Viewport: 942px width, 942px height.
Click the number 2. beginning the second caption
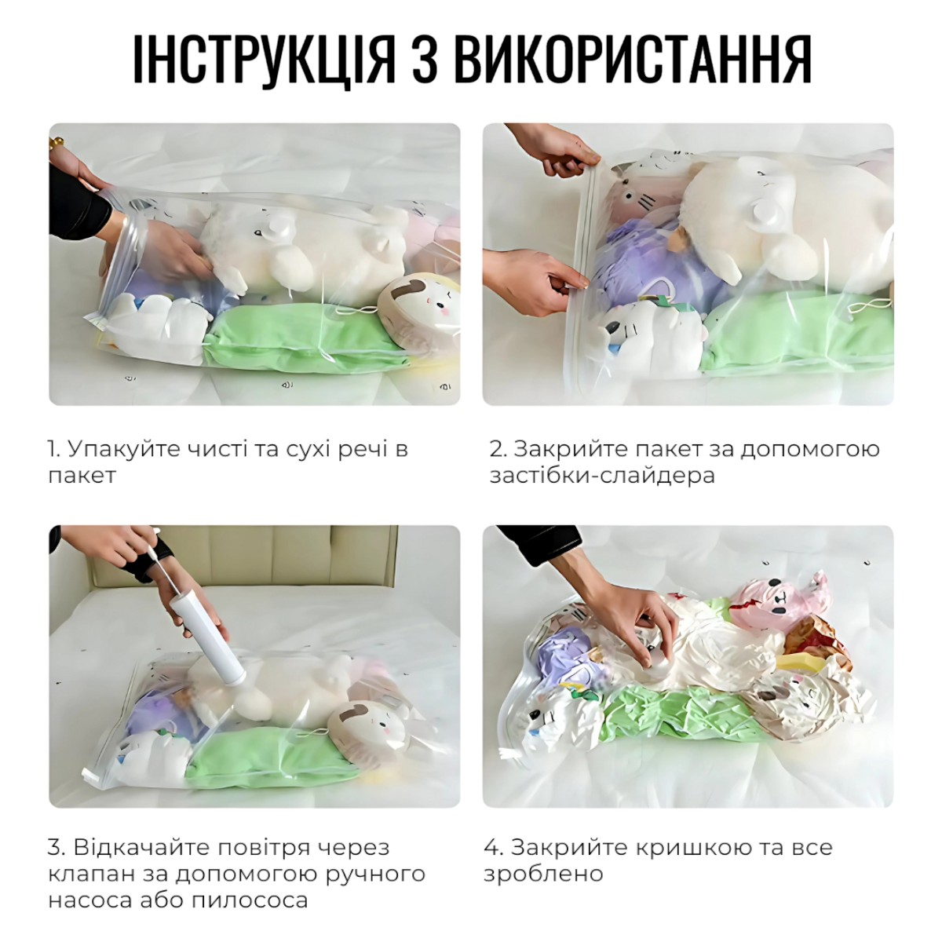pos(499,449)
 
